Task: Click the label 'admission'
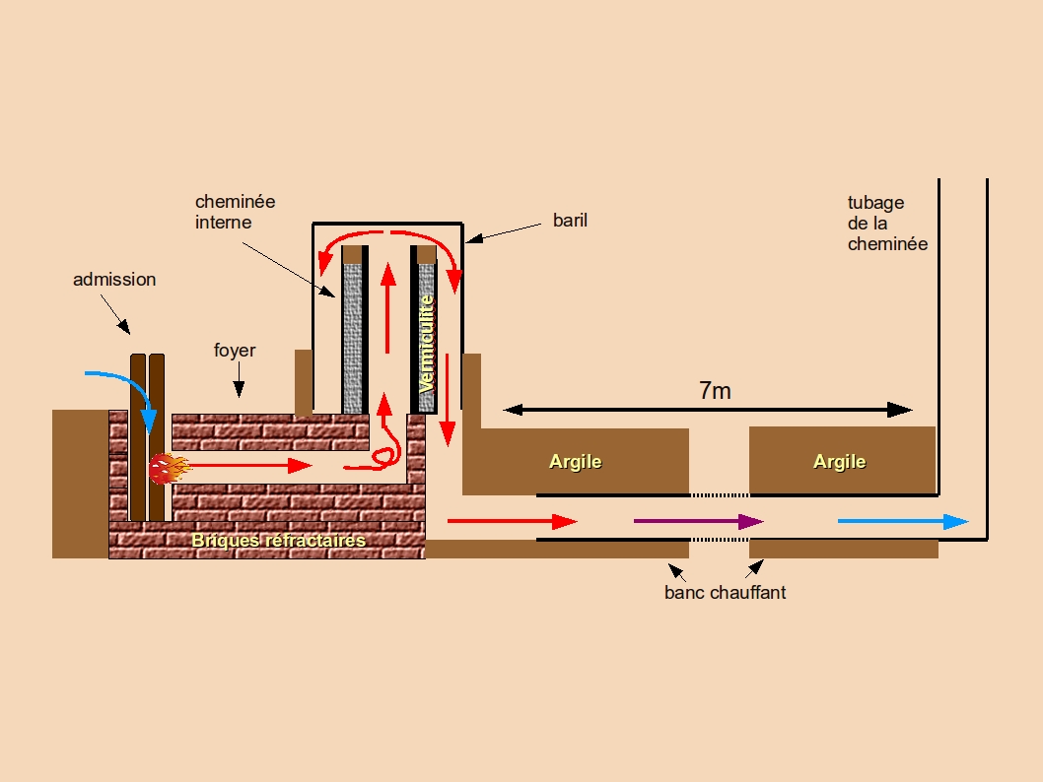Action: (114, 280)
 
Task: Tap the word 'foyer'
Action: (235, 351)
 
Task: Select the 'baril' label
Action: (570, 220)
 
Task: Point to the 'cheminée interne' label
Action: (235, 212)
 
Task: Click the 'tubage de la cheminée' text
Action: (887, 224)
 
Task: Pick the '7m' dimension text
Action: (715, 391)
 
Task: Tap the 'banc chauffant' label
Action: (726, 593)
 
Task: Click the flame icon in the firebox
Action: (167, 466)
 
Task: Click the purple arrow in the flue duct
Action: (698, 522)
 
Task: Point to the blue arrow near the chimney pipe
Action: (903, 522)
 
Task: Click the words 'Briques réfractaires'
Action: (278, 541)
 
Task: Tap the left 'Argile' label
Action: (575, 461)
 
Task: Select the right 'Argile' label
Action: (839, 461)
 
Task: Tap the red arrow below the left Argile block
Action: (512, 522)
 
